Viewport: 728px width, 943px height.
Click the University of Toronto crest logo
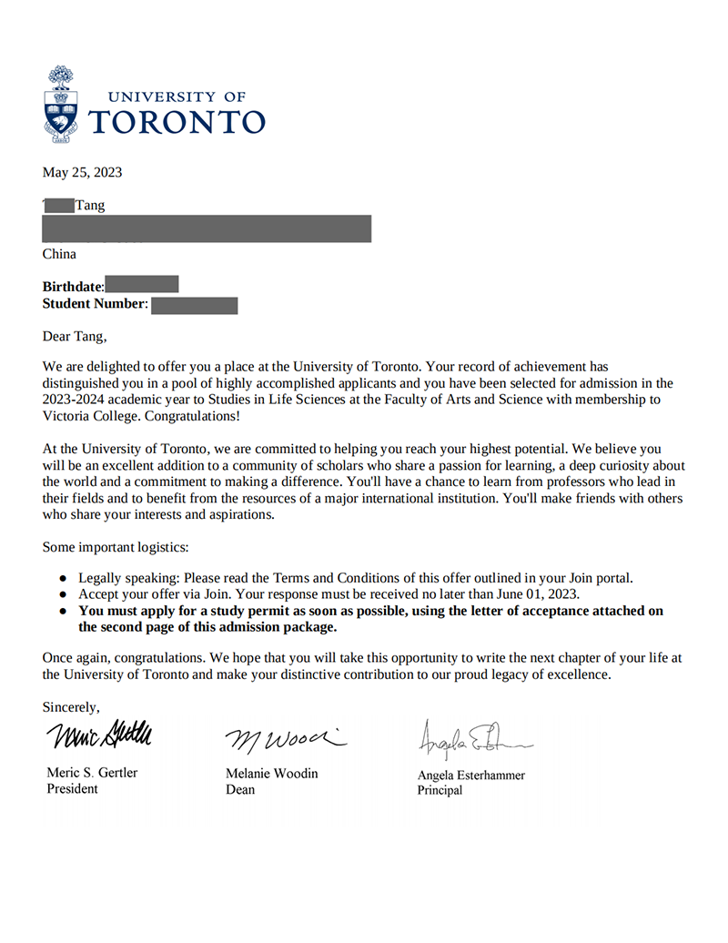(62, 106)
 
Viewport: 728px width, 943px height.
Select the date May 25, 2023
(82, 172)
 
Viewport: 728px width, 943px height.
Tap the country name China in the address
(59, 254)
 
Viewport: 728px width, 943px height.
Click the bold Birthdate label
(73, 287)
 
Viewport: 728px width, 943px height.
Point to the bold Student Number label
(95, 303)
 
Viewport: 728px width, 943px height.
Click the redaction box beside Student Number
(194, 305)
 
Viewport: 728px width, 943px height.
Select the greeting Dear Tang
(75, 336)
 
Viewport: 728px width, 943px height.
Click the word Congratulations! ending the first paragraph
(194, 416)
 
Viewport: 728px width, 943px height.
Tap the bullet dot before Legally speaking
(63, 578)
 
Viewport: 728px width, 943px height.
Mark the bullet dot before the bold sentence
(63, 611)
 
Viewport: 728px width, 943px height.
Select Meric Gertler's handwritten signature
(99, 734)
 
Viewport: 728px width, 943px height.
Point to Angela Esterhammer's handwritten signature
(472, 740)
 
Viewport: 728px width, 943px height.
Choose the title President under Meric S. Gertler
(72, 789)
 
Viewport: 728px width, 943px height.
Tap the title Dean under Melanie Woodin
(240, 789)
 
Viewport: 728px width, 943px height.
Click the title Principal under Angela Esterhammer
(440, 790)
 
